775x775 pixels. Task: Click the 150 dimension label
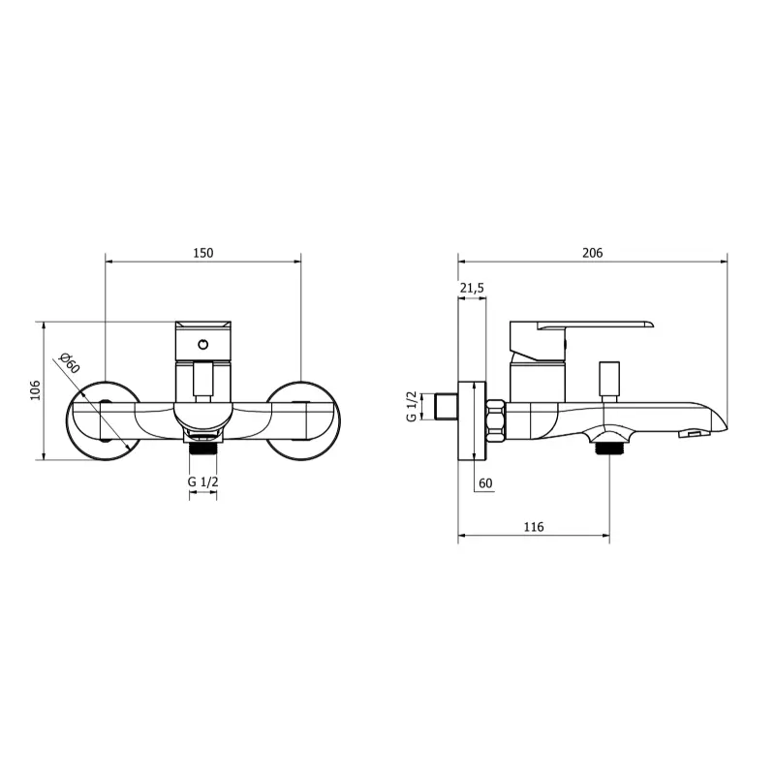pyautogui.click(x=203, y=253)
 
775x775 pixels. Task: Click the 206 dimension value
pyautogui.click(x=593, y=253)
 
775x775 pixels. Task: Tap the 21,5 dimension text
pyautogui.click(x=472, y=288)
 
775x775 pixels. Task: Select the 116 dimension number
pyautogui.click(x=534, y=527)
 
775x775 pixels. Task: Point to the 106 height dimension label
pyautogui.click(x=35, y=390)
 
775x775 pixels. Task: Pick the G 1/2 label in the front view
pyautogui.click(x=203, y=481)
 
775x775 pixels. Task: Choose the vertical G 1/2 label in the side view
pyautogui.click(x=411, y=406)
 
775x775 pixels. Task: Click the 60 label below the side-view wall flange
pyautogui.click(x=486, y=482)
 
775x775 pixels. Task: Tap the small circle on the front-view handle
pyautogui.click(x=203, y=345)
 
